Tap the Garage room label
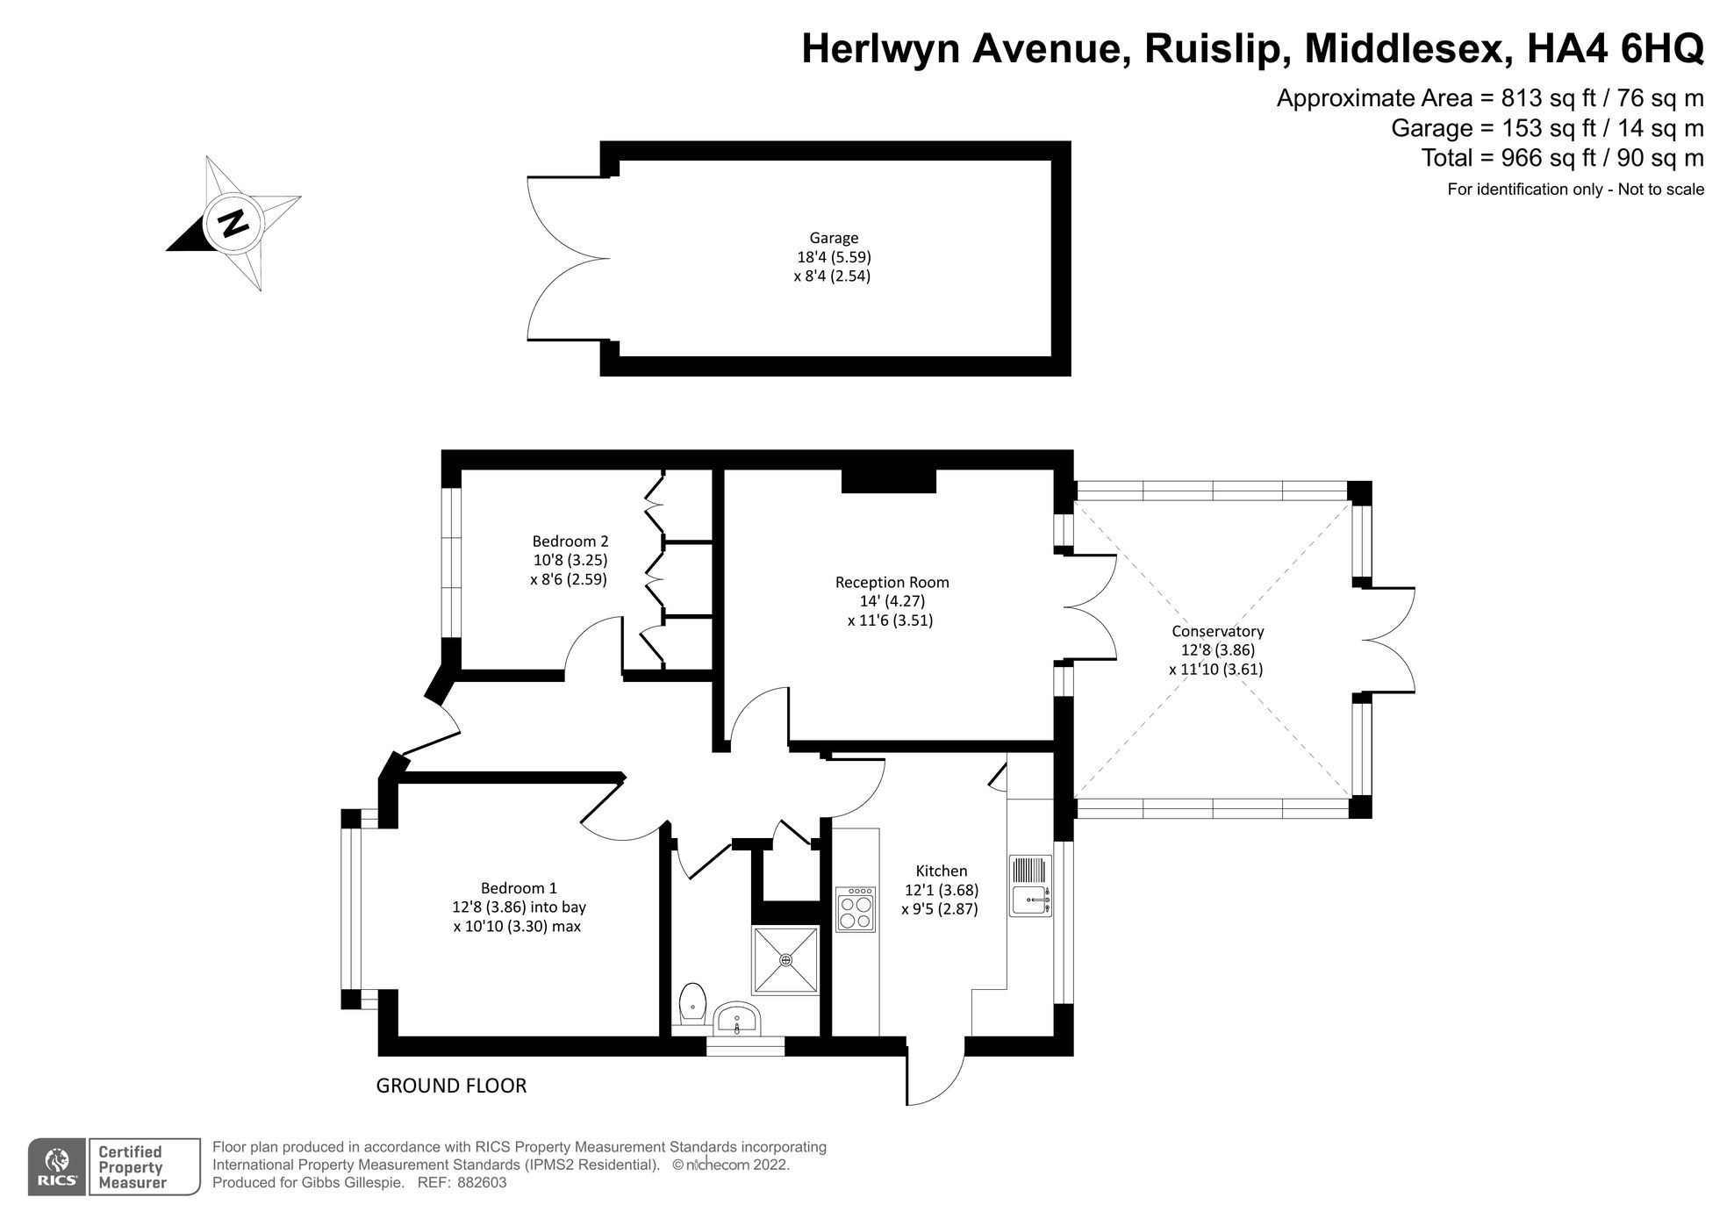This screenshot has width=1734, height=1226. (834, 238)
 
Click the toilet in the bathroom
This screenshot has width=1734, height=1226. (692, 1002)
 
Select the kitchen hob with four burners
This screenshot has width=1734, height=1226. (856, 909)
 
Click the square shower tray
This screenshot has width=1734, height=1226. (785, 959)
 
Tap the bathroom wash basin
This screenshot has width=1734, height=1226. (737, 1020)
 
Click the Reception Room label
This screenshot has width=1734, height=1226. (892, 582)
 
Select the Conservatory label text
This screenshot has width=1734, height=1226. (1217, 631)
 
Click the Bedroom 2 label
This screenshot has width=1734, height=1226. (570, 541)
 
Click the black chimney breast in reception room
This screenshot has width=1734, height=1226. (888, 481)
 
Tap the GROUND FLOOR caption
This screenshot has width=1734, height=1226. (451, 1086)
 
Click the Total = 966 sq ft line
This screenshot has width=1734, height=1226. (1562, 158)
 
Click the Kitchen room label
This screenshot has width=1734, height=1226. (941, 871)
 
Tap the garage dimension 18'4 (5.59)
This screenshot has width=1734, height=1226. (834, 257)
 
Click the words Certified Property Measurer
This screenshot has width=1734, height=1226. (131, 1167)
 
